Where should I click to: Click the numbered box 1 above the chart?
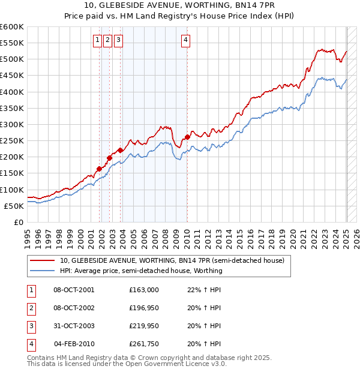click(x=97, y=40)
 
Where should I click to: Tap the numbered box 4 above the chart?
click(x=186, y=40)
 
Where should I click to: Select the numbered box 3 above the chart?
click(x=118, y=40)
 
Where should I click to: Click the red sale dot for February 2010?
click(x=188, y=137)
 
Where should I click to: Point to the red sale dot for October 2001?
click(x=99, y=169)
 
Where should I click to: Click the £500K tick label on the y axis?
click(x=12, y=59)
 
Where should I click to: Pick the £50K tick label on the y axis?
click(x=14, y=206)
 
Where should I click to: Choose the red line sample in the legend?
click(x=43, y=260)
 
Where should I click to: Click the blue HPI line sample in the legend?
click(x=43, y=271)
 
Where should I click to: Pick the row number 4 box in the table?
click(x=29, y=344)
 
